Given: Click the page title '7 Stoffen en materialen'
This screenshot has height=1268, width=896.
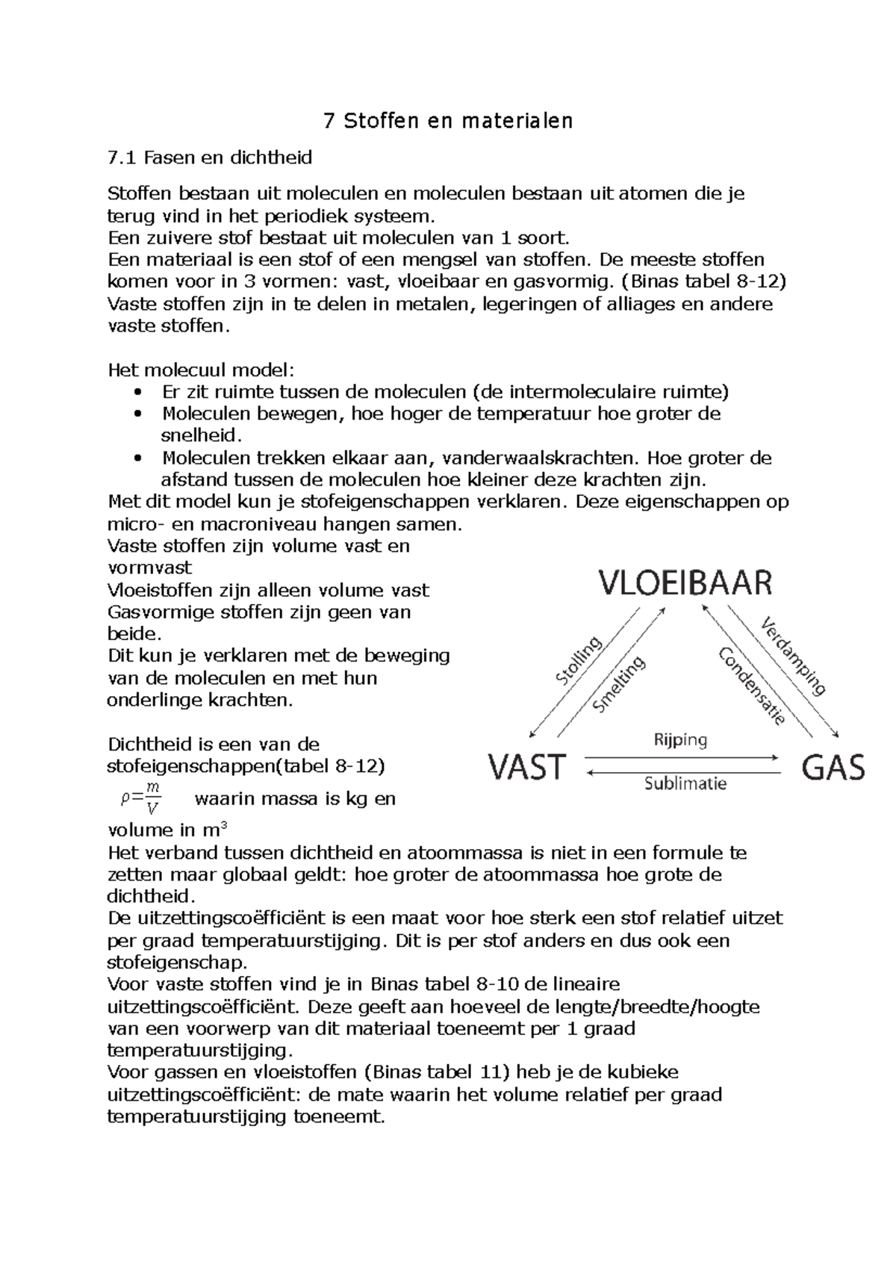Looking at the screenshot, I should click(x=448, y=120).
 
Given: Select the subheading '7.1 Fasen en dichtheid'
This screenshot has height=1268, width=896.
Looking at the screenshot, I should click(x=210, y=158).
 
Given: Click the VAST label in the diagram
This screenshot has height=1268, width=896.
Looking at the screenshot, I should click(x=528, y=767).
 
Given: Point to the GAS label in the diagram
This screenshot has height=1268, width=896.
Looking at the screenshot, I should click(x=833, y=767).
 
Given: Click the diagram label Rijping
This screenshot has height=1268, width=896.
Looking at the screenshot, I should click(x=680, y=740).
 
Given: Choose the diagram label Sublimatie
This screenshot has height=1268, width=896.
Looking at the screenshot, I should click(x=685, y=783).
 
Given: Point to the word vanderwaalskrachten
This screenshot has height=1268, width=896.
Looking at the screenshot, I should click(x=547, y=458).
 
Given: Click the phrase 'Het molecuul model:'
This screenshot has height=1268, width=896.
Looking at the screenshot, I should click(x=202, y=370).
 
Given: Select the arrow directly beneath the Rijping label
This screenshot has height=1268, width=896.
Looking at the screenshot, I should click(x=683, y=758).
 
